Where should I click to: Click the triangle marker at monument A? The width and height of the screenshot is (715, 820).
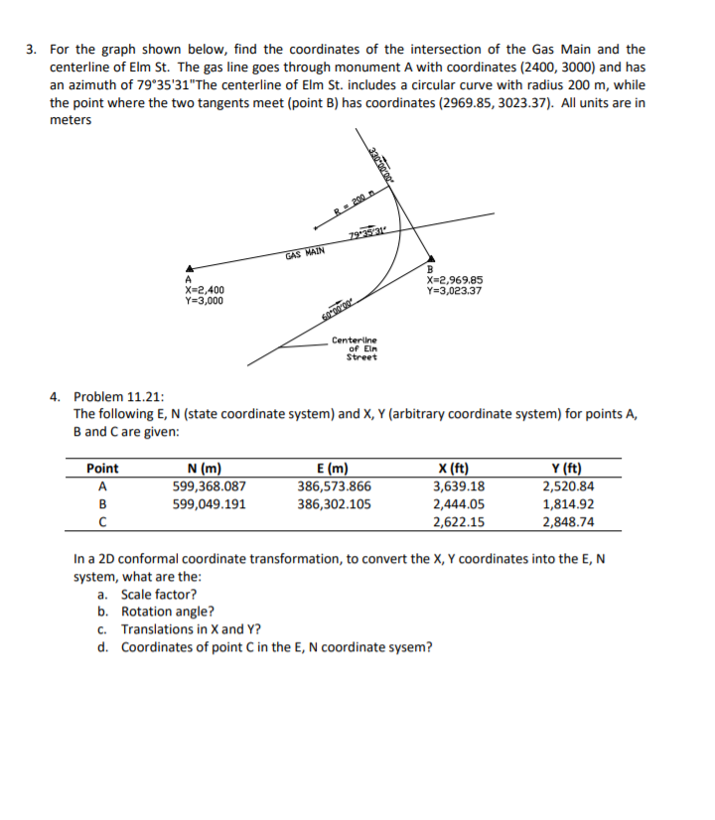[x=188, y=267]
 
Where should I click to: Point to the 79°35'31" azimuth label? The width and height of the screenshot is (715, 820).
[x=369, y=234]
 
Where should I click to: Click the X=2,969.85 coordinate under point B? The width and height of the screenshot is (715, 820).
[x=455, y=279]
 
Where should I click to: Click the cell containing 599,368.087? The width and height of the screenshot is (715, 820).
[x=210, y=486]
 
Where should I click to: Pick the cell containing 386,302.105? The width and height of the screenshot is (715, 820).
[x=335, y=504]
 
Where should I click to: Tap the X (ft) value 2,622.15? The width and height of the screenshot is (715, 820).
[x=460, y=522]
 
